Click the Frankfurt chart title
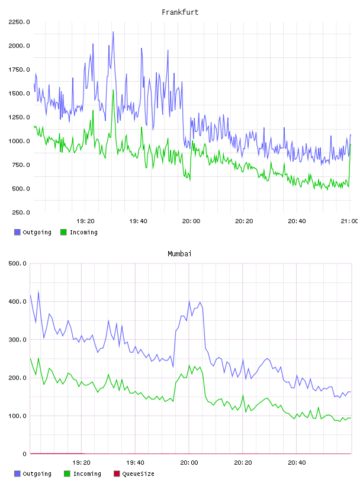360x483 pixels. coord(180,12)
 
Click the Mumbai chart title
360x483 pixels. coord(179,254)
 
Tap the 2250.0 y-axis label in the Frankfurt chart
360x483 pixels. coord(19,22)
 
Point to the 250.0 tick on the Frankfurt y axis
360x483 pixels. coord(21,212)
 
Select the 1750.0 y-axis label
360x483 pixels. coord(19,70)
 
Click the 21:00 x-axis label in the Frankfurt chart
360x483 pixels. coord(349,221)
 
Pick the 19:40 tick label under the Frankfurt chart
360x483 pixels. coord(138,221)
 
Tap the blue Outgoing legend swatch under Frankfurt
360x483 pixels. coord(17,232)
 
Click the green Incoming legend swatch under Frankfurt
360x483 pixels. coord(63,232)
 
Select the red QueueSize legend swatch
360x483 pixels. coord(117,474)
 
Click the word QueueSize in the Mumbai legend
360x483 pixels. coord(138,474)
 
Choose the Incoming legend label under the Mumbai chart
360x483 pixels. coord(87,474)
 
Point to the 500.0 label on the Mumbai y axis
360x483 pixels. coord(17,263)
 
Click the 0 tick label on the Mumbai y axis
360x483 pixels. coord(25,454)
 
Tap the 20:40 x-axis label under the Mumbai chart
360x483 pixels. coord(297,463)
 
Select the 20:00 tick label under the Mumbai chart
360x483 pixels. coord(189,463)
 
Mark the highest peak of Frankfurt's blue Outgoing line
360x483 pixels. coord(113,32)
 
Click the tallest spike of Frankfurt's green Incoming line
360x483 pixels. coord(113,90)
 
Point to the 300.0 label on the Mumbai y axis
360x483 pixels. coord(17,340)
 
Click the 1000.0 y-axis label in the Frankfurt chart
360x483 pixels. coord(19,141)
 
